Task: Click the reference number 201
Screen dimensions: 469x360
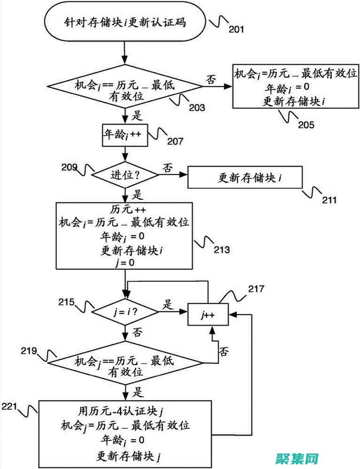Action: (237, 30)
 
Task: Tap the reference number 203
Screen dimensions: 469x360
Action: (197, 107)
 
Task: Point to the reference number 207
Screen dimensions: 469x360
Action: (175, 140)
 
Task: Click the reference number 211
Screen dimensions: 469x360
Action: (329, 200)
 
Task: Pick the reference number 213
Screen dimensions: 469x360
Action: (222, 250)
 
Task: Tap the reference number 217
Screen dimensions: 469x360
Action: (257, 289)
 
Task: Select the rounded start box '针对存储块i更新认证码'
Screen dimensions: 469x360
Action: (125, 23)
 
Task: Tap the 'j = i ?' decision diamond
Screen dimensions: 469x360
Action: (125, 310)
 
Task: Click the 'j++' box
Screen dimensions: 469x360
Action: (208, 314)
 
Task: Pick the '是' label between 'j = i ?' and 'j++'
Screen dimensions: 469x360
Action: (168, 304)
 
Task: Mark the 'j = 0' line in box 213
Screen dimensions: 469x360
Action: (124, 263)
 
